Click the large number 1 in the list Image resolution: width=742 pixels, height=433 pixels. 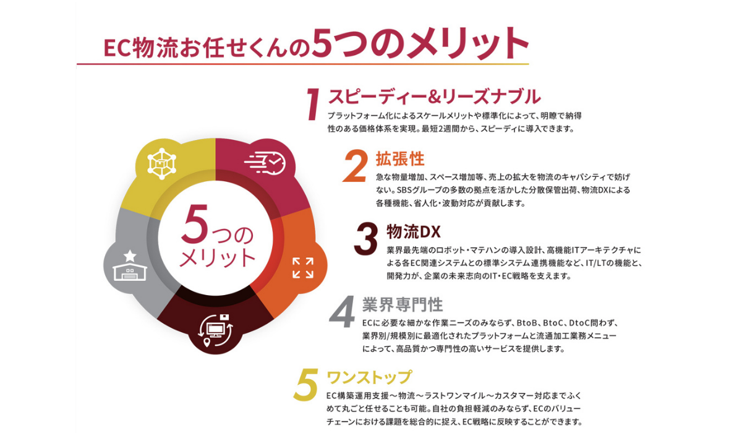[x=313, y=104]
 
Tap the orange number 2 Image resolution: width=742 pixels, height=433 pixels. [x=355, y=166]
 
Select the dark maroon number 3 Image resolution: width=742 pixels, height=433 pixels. [x=365, y=239]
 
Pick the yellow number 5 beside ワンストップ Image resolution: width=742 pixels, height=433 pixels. [x=306, y=384]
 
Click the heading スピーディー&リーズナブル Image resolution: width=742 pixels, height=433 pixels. [x=434, y=96]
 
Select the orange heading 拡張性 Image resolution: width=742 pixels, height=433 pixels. [x=400, y=159]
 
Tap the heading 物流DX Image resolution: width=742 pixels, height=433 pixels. [x=414, y=231]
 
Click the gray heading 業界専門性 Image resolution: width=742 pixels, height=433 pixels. [x=403, y=304]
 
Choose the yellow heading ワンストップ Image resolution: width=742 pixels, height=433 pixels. [x=369, y=377]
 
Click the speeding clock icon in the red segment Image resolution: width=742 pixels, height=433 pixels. [x=265, y=162]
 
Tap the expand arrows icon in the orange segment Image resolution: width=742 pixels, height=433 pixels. [x=303, y=267]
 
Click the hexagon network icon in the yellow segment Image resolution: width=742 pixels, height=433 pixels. [x=161, y=164]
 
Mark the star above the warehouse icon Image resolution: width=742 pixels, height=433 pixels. [x=130, y=255]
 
